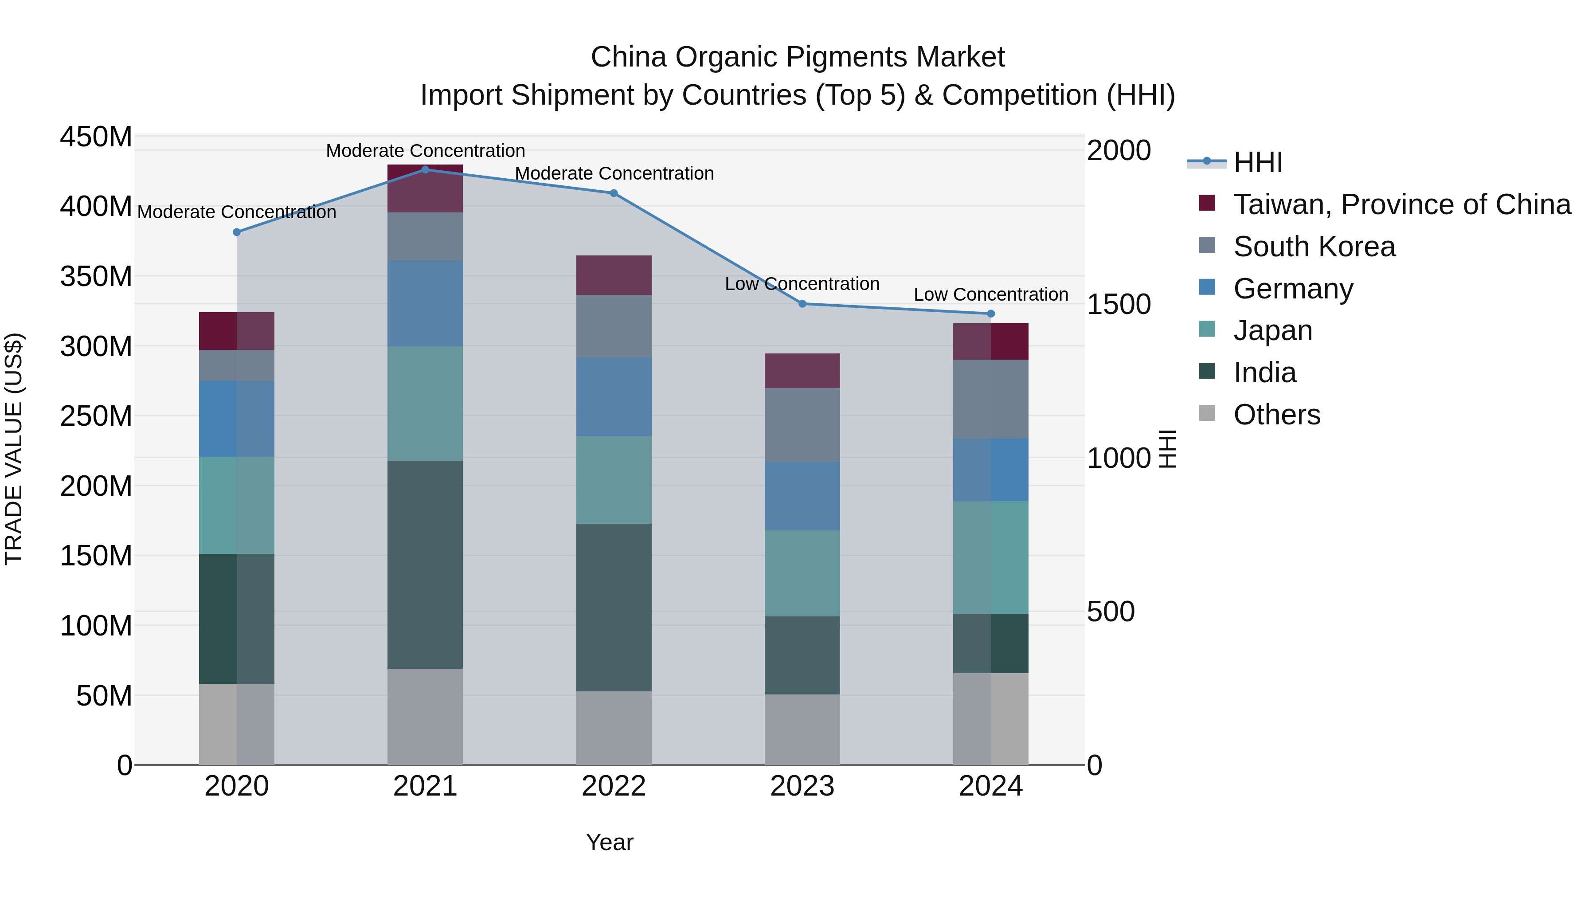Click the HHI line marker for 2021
point(425,169)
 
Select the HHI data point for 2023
point(802,304)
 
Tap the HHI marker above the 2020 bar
point(237,232)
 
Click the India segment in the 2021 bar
point(425,564)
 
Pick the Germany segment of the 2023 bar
point(802,496)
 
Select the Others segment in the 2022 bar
point(614,728)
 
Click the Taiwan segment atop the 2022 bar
point(614,275)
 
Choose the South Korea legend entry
point(1314,247)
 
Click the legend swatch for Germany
point(1207,287)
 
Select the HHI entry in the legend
point(1258,162)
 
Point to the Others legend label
point(1277,415)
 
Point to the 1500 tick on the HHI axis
point(1119,304)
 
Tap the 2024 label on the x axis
point(991,786)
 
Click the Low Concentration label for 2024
point(991,294)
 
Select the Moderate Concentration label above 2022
point(614,173)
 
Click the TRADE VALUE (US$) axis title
point(14,449)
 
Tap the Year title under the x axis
point(610,842)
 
